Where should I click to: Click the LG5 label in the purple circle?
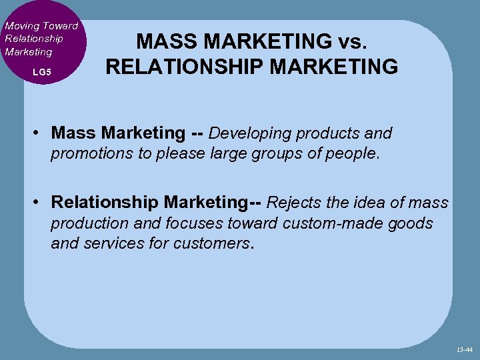tap(41, 71)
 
